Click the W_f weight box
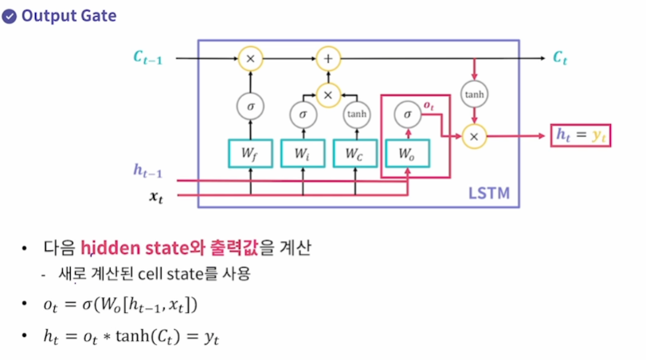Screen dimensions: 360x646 [x=251, y=153]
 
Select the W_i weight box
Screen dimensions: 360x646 [x=302, y=153]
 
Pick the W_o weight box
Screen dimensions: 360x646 [x=407, y=153]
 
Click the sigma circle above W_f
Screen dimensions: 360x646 [x=251, y=104]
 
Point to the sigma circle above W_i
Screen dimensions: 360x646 [x=302, y=115]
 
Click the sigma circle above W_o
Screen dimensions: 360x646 [x=407, y=115]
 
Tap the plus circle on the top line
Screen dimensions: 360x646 [x=327, y=58]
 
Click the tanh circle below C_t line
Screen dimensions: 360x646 [x=475, y=95]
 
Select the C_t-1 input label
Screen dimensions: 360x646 [x=147, y=58]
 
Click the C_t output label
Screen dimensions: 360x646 [x=561, y=58]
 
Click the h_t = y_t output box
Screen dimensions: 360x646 [x=580, y=136]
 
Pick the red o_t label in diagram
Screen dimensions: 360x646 [x=428, y=105]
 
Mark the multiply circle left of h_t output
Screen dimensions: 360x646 [x=475, y=136]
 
